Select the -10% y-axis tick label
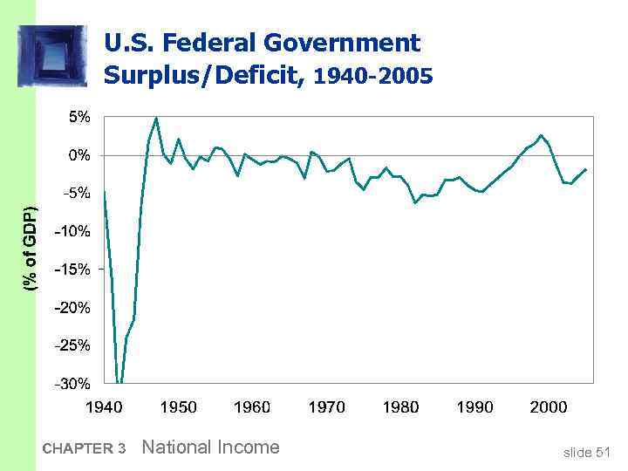tap(72, 231)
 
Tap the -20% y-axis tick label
tap(72, 308)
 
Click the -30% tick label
tap(72, 384)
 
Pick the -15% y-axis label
tap(72, 270)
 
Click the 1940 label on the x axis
tap(103, 406)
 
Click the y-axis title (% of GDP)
tap(31, 249)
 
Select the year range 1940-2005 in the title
tap(372, 77)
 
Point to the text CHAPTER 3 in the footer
tap(84, 449)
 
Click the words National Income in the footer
tap(210, 447)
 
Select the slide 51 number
tap(586, 451)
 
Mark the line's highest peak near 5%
tap(156, 117)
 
